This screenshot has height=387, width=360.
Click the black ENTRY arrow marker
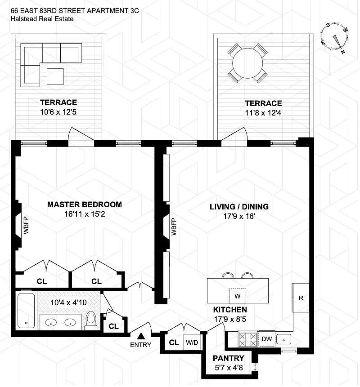pyautogui.click(x=141, y=336)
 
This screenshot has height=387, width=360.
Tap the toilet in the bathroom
pyautogui.click(x=91, y=320)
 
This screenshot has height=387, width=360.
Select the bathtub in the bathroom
pyautogui.click(x=26, y=311)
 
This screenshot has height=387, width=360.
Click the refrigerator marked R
pyautogui.click(x=301, y=298)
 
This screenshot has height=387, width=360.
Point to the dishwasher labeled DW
pyautogui.click(x=266, y=338)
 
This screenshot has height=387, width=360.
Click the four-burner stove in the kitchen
pyautogui.click(x=247, y=339)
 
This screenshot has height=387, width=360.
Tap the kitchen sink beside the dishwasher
pyautogui.click(x=283, y=339)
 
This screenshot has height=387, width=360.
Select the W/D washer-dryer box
pyautogui.click(x=192, y=343)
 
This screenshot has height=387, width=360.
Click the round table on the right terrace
pyautogui.click(x=247, y=63)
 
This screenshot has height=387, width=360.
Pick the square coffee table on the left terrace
pyautogui.click(x=55, y=76)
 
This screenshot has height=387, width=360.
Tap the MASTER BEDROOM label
pyautogui.click(x=85, y=205)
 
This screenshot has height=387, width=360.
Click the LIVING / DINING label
pyautogui.click(x=239, y=207)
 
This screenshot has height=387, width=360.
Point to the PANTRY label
pyautogui.click(x=229, y=358)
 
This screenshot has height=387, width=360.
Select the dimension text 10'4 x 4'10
pyautogui.click(x=69, y=302)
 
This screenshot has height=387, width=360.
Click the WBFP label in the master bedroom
pyautogui.click(x=26, y=225)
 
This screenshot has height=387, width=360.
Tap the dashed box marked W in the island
pyautogui.click(x=238, y=296)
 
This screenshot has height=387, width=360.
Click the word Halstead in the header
pyautogui.click(x=24, y=19)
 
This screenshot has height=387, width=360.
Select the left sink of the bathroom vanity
pyautogui.click(x=51, y=322)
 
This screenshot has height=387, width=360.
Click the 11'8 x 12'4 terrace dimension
pyautogui.click(x=263, y=113)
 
